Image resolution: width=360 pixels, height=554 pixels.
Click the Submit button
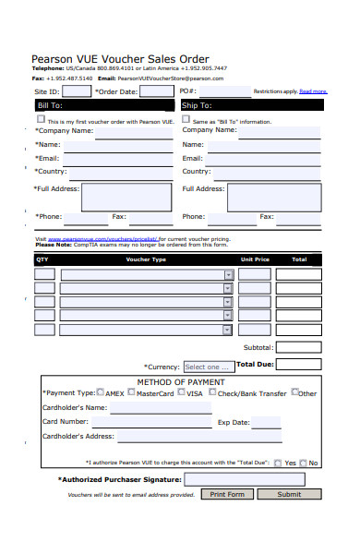click(289, 494)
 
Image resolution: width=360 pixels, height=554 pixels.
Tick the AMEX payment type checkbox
click(101, 391)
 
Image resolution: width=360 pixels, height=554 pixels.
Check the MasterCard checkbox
click(132, 391)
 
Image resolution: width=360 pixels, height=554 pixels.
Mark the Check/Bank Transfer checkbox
click(212, 391)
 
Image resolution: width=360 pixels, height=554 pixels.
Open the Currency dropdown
click(208, 367)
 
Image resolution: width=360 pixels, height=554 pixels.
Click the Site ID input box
click(77, 91)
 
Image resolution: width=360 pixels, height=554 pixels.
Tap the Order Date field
click(156, 91)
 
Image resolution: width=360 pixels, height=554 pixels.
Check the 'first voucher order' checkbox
click(41, 119)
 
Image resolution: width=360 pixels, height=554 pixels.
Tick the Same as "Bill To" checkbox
click(186, 119)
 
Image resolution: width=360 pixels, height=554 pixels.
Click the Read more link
click(313, 91)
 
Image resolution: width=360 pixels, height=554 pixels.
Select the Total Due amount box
click(298, 365)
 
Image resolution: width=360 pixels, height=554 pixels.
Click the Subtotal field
click(298, 347)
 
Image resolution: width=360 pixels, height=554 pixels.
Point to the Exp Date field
click(267, 422)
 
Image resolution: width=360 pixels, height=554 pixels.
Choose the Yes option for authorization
click(278, 463)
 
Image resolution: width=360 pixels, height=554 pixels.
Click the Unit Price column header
click(255, 259)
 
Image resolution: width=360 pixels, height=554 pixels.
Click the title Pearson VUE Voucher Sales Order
click(120, 58)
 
